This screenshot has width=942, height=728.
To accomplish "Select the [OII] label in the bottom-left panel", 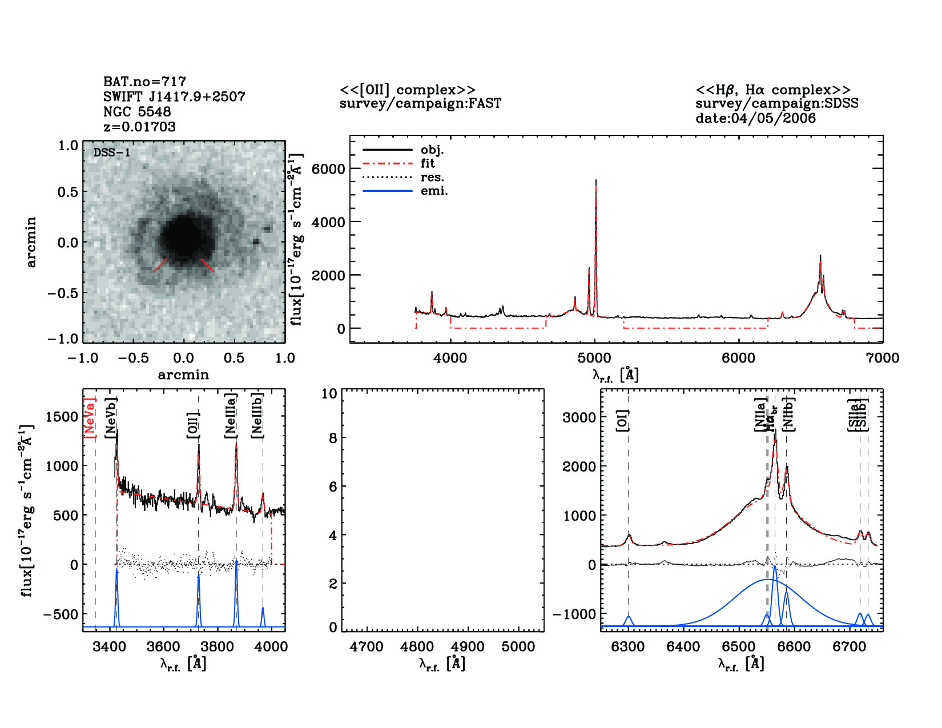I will (193, 425).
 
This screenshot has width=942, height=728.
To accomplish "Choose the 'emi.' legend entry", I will (434, 191).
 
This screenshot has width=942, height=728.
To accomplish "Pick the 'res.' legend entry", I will (432, 177).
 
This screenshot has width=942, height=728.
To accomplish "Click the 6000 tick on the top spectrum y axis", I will (328, 169).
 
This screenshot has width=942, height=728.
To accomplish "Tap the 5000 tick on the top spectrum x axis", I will (594, 358).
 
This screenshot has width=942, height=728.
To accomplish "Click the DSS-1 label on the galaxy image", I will (112, 152).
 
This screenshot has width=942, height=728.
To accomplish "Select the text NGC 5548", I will (137, 111).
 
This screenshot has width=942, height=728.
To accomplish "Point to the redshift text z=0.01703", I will (139, 126).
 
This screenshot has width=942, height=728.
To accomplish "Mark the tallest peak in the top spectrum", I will (595, 182).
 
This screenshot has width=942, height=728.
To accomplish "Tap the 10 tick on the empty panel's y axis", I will (329, 393).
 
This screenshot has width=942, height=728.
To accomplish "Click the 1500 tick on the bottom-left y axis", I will (62, 417).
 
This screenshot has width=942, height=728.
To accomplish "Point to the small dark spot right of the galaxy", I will (256, 242).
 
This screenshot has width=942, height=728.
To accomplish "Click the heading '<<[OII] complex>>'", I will (407, 90).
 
